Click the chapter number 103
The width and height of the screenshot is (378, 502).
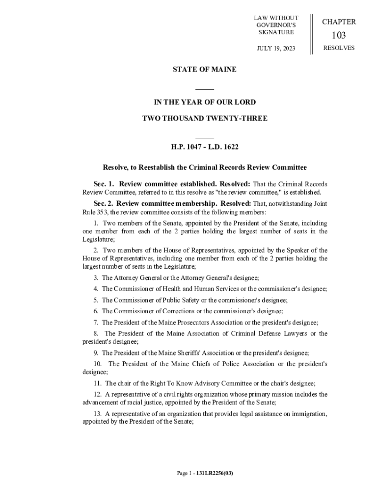pyautogui.click(x=339, y=35)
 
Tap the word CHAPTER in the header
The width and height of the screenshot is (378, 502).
pyautogui.click(x=339, y=22)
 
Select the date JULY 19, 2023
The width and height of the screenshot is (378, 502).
pyautogui.click(x=276, y=49)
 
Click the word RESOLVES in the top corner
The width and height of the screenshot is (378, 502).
pyautogui.click(x=339, y=48)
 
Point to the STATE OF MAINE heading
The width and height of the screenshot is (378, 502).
pyautogui.click(x=204, y=70)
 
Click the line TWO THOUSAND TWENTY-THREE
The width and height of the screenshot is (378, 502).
pyautogui.click(x=204, y=119)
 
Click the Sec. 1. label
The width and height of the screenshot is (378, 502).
pyautogui.click(x=104, y=184)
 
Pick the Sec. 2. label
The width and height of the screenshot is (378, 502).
pyautogui.click(x=104, y=203)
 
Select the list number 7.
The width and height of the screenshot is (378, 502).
pyautogui.click(x=96, y=323)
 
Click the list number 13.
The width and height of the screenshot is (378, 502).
pyautogui.click(x=97, y=414)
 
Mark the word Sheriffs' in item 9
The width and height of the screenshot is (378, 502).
pyautogui.click(x=192, y=353)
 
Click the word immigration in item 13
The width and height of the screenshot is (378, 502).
pyautogui.click(x=306, y=414)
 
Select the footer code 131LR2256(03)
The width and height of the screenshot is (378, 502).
pyautogui.click(x=217, y=474)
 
